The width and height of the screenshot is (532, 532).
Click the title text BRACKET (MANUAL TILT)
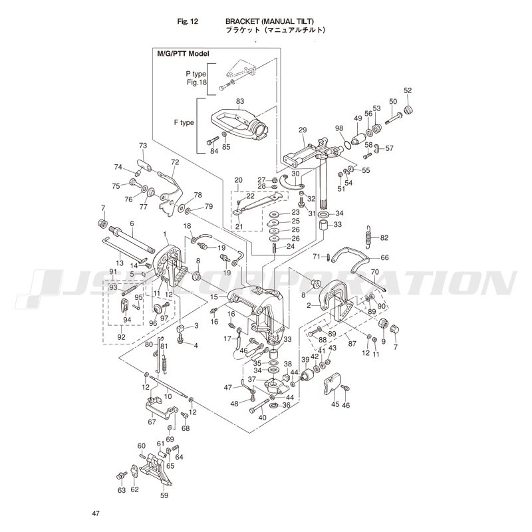pyautogui.click(x=267, y=21)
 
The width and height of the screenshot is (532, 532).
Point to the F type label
pyautogui.click(x=184, y=122)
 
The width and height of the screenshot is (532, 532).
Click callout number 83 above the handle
pyautogui.click(x=240, y=101)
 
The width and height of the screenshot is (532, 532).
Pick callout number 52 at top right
pyautogui.click(x=408, y=90)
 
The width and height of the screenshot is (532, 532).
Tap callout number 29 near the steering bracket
pyautogui.click(x=303, y=130)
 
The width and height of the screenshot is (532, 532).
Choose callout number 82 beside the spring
pyautogui.click(x=384, y=237)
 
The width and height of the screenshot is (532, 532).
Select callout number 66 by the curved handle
pyautogui.click(x=384, y=258)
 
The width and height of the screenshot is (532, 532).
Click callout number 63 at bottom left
pyautogui.click(x=122, y=490)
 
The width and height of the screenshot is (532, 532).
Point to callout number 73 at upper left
pyautogui.click(x=142, y=145)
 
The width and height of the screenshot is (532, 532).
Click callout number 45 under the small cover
pyautogui.click(x=335, y=404)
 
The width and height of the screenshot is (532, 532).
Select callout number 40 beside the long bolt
pyautogui.click(x=262, y=417)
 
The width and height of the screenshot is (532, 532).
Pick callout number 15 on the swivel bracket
pyautogui.click(x=214, y=296)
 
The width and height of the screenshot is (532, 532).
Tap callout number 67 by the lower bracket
pyautogui.click(x=152, y=421)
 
